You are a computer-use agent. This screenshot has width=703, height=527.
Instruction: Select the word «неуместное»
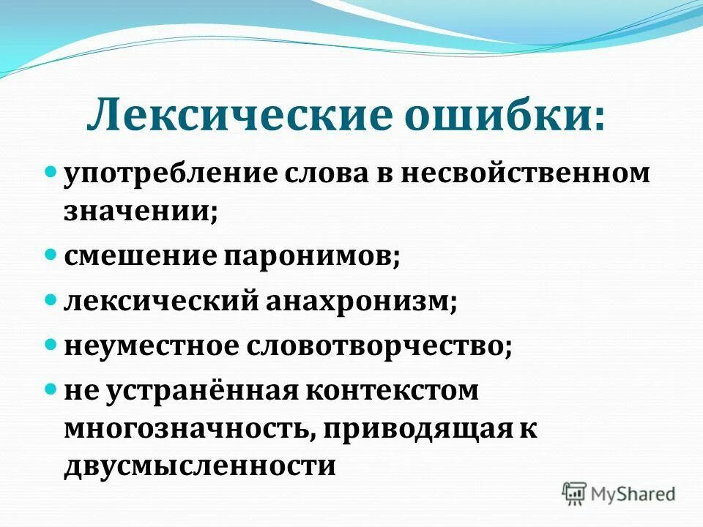tap(155, 345)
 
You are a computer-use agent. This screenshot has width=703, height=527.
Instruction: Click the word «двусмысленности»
tap(199, 466)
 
